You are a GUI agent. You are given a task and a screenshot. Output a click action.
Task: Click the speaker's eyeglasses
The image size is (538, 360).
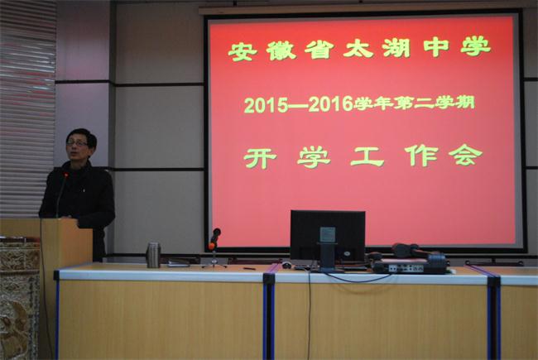pos(77,143)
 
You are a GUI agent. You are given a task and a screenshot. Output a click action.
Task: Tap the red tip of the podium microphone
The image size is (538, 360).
pos(65,175)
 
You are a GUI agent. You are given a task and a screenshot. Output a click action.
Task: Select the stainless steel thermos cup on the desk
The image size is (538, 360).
pos(153,255)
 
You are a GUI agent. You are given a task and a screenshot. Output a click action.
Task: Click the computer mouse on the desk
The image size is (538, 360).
pos(286,265)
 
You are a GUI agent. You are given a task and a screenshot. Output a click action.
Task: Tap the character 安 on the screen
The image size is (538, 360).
pos(243,52)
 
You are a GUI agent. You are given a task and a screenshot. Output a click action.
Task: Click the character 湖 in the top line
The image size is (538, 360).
pos(396,48)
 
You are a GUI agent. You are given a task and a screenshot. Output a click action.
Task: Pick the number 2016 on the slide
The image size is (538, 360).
pos(331,103)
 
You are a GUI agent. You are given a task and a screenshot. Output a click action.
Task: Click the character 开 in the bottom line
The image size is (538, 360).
pos(260,159)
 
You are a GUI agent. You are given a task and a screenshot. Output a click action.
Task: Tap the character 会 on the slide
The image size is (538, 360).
pos(466,155)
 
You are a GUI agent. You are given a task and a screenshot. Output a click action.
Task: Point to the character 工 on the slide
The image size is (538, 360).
pos(367,157)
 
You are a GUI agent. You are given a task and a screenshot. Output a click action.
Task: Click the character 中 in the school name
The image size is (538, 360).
pos(436,48)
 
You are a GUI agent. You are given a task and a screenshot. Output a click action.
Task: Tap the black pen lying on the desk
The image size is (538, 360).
pos(249,268)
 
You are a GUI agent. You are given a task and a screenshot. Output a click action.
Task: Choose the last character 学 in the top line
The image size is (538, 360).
pos(476,47)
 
